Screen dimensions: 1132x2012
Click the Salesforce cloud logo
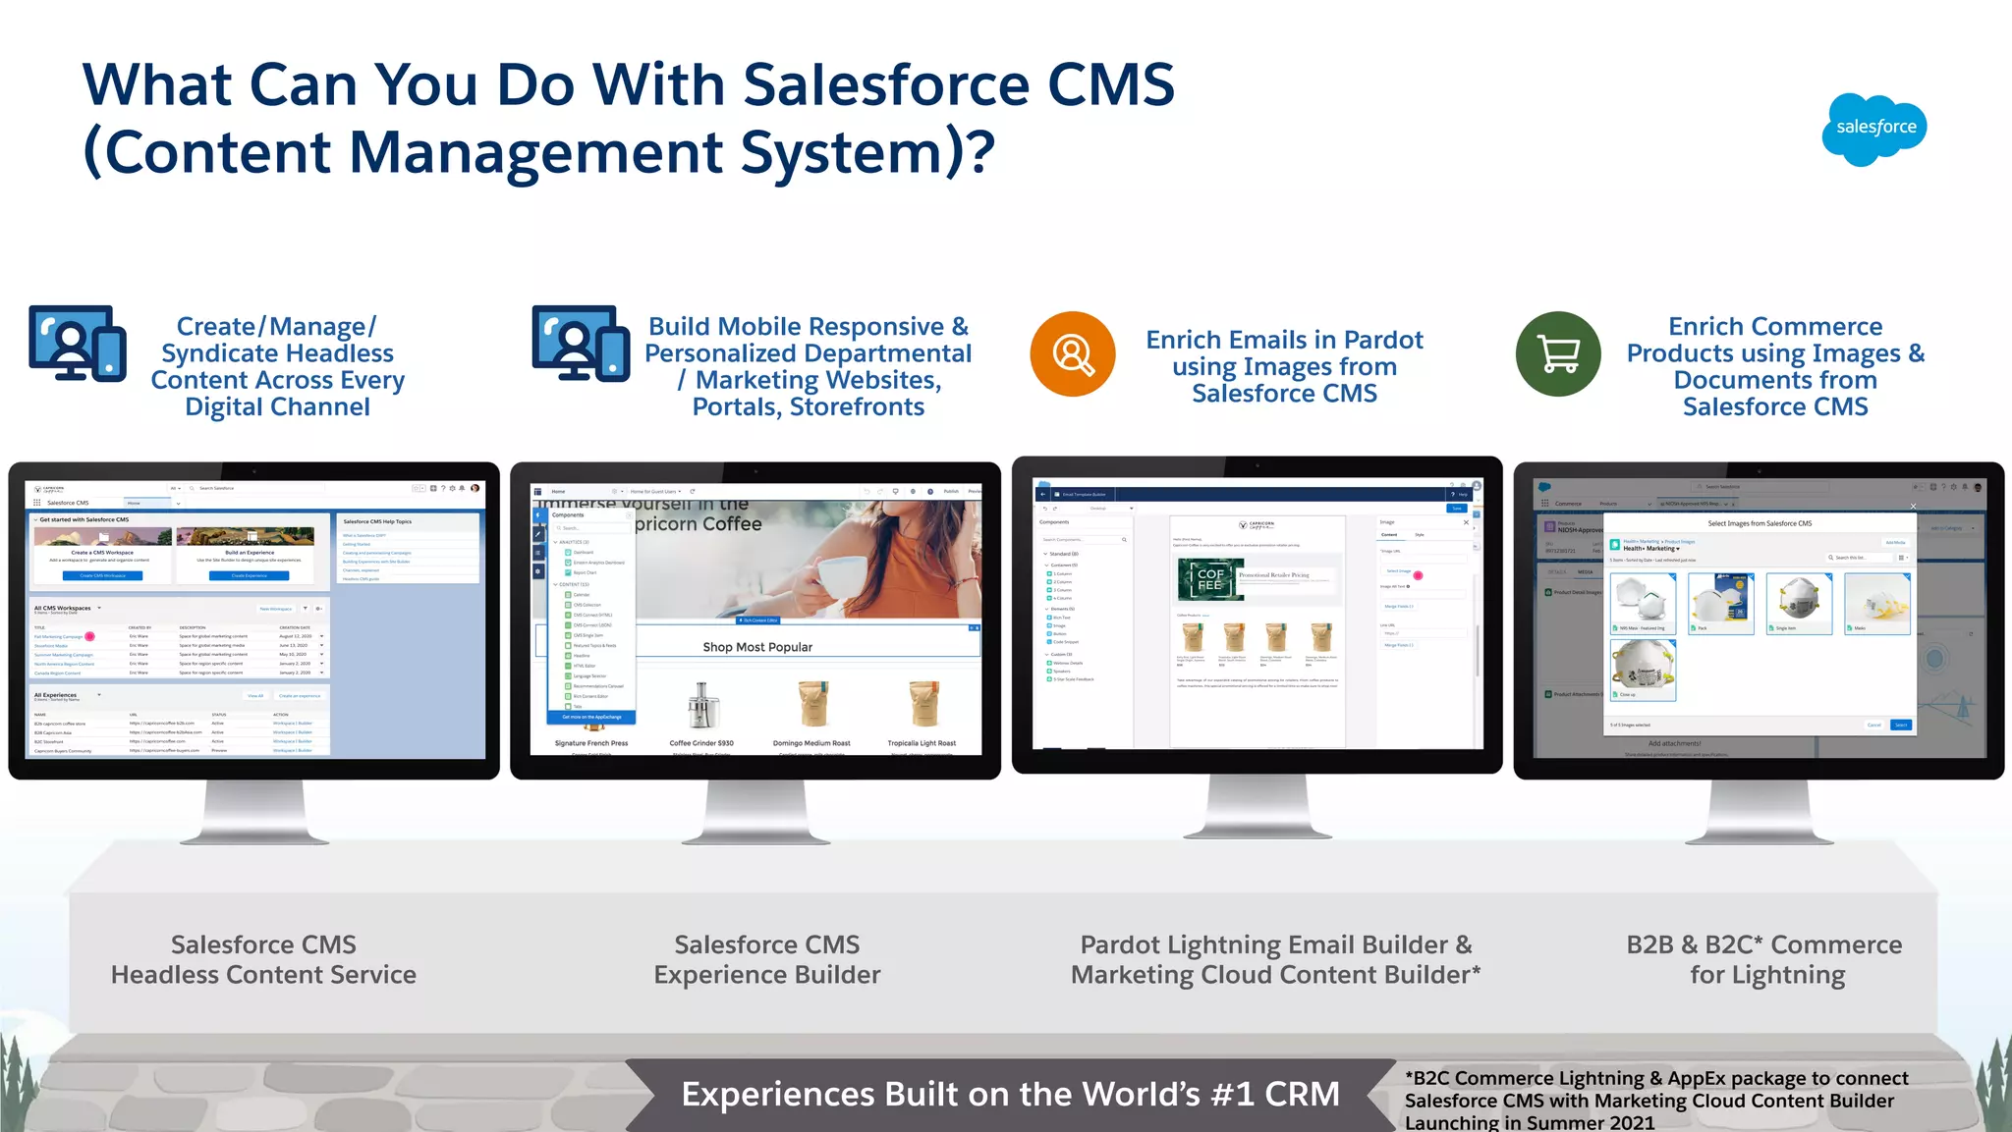[x=1874, y=129]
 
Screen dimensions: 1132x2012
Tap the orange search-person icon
[x=1073, y=353]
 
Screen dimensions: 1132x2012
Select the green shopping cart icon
[x=1558, y=353]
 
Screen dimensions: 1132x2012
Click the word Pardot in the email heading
[x=1383, y=340]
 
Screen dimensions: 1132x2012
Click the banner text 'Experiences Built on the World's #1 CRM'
[x=1010, y=1094]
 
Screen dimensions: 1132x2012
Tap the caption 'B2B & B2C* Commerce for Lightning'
[x=1765, y=959]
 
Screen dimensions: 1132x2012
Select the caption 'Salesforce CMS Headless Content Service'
[x=263, y=959]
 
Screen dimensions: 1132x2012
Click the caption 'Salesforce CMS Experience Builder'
[x=767, y=959]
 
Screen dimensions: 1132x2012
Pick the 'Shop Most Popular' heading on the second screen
[x=757, y=647]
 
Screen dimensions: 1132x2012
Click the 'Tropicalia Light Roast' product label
[x=922, y=743]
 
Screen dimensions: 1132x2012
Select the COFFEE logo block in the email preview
[x=1209, y=579]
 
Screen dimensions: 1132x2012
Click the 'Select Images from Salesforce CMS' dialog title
[x=1760, y=523]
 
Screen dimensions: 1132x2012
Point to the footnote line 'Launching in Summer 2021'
[x=1530, y=1122]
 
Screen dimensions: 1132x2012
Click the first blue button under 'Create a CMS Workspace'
[x=102, y=575]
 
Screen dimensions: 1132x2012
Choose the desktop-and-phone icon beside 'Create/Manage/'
[x=78, y=344]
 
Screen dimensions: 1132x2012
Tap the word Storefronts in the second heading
[x=857, y=406]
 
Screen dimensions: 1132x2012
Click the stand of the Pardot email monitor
[x=1257, y=807]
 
